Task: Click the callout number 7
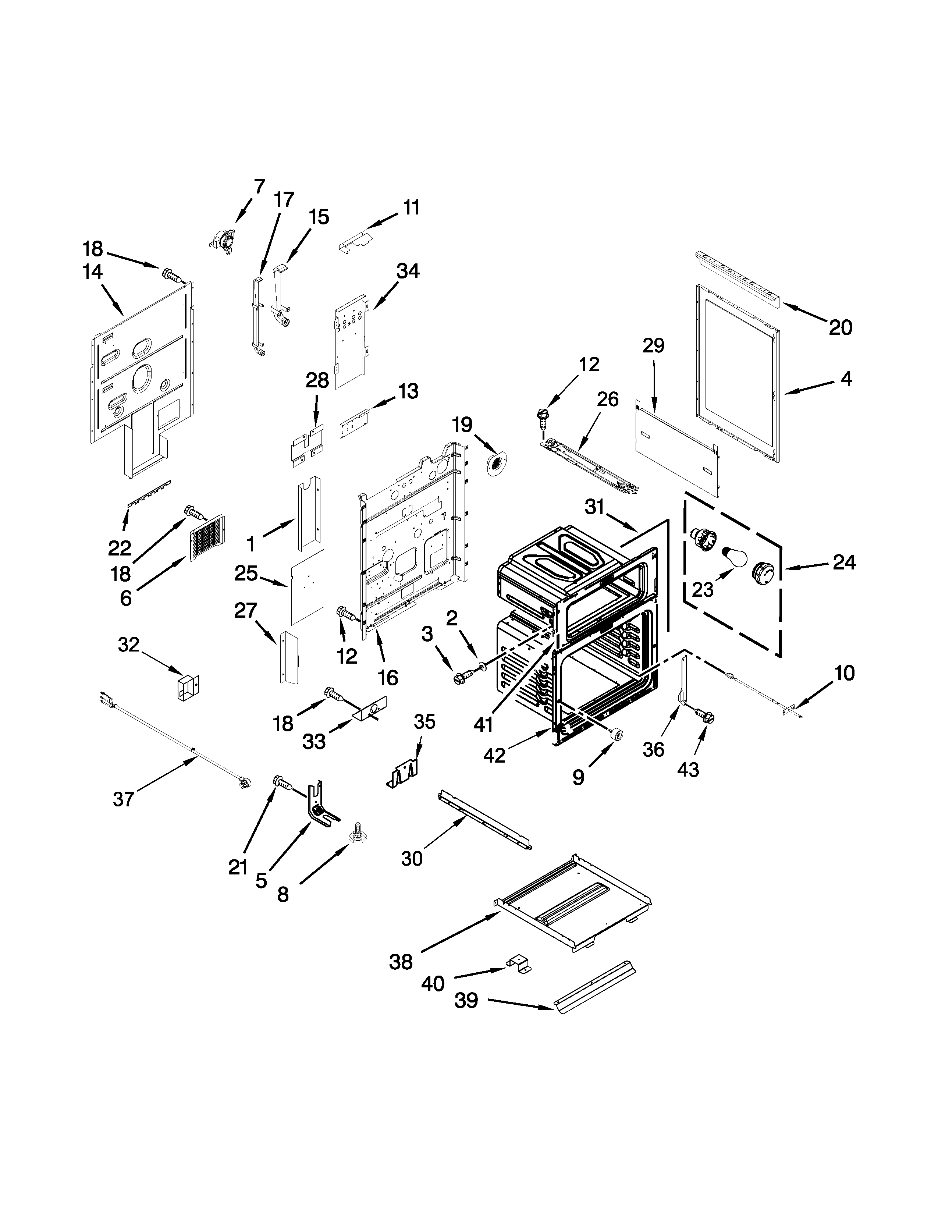pyautogui.click(x=259, y=186)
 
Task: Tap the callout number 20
pyautogui.click(x=840, y=327)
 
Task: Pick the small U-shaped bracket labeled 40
pyautogui.click(x=518, y=963)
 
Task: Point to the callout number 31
pyautogui.click(x=594, y=507)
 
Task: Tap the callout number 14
pyautogui.click(x=92, y=272)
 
